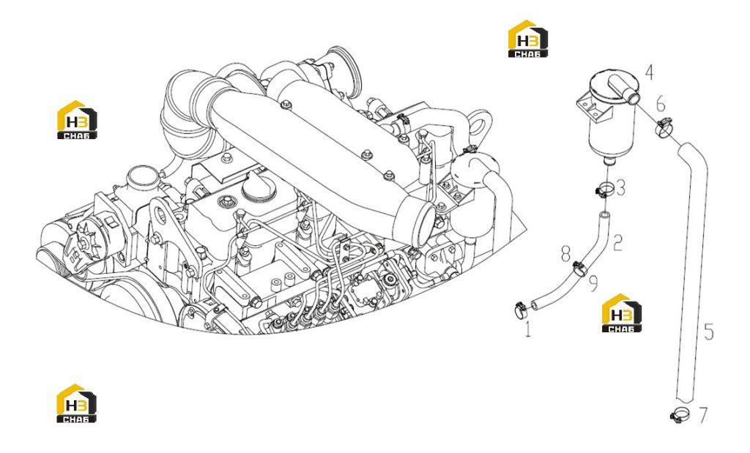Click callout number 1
click(x=527, y=329)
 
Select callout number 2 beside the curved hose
click(x=617, y=243)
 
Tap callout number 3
click(x=620, y=188)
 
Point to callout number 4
click(x=649, y=72)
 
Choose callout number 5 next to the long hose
click(x=708, y=332)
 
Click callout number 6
click(x=660, y=103)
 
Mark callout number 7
click(x=702, y=415)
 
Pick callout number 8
click(x=566, y=253)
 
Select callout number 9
click(x=593, y=283)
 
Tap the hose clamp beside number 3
click(x=604, y=190)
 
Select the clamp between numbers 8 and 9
click(x=579, y=266)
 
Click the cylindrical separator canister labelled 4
click(x=606, y=117)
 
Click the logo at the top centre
click(x=528, y=39)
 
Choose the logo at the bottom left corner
click(x=76, y=404)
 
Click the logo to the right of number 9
click(x=622, y=313)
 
